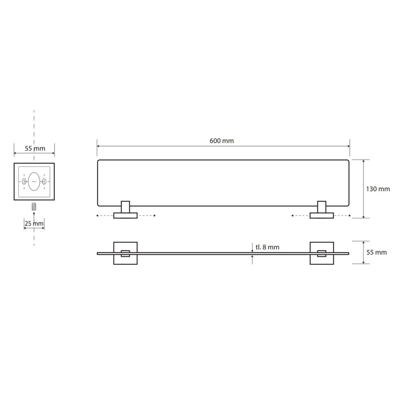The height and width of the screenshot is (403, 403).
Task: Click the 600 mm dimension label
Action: tap(222, 141)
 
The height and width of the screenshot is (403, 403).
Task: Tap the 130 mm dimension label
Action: tap(378, 189)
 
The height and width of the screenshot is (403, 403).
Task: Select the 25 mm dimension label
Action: tap(34, 223)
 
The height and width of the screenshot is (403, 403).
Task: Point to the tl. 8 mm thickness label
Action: tap(267, 247)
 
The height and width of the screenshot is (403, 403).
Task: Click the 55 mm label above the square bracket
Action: tap(35, 148)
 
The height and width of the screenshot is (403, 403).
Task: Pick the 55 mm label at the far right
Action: tap(377, 252)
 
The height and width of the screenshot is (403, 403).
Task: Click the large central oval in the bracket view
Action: tap(34, 181)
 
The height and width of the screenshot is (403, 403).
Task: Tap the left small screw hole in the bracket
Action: tap(24, 181)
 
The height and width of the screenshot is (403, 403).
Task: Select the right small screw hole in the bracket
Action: tap(44, 181)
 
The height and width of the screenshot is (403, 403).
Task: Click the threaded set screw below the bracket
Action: tap(34, 207)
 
